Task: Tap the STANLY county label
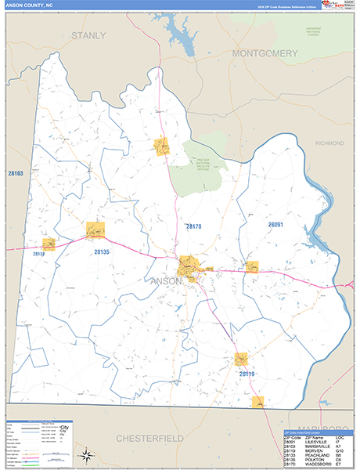[88, 36]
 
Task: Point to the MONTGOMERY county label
[265, 53]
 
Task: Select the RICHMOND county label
[329, 144]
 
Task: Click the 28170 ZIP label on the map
[193, 226]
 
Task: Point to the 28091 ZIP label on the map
[275, 225]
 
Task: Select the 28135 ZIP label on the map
[103, 252]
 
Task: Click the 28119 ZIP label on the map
[247, 374]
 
